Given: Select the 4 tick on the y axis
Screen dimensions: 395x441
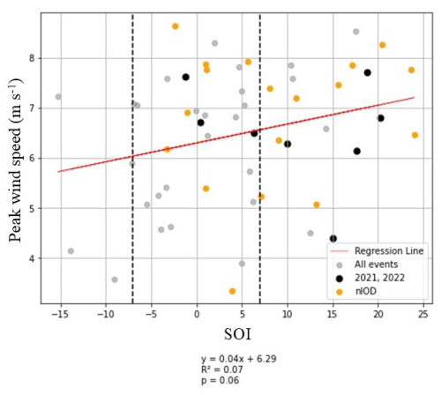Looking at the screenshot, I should click(x=31, y=258).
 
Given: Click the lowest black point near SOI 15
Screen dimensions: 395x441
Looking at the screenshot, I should click(x=333, y=239).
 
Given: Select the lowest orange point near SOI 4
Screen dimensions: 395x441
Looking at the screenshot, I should click(x=232, y=291).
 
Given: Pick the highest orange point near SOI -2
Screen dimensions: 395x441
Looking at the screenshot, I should click(x=176, y=26).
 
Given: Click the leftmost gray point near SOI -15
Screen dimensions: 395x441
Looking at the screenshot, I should click(x=58, y=97).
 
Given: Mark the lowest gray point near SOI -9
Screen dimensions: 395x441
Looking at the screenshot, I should click(x=115, y=279).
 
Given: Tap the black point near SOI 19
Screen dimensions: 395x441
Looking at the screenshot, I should click(x=368, y=72).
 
